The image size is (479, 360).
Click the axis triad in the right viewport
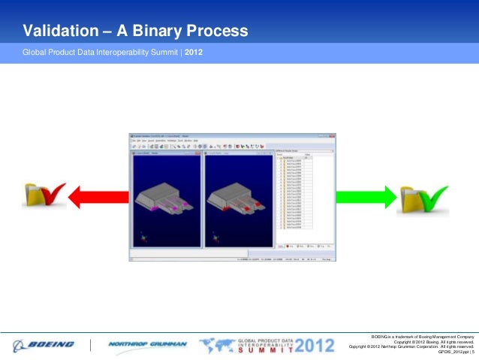tap(216, 240)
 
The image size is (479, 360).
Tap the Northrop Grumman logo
tap(146, 345)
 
